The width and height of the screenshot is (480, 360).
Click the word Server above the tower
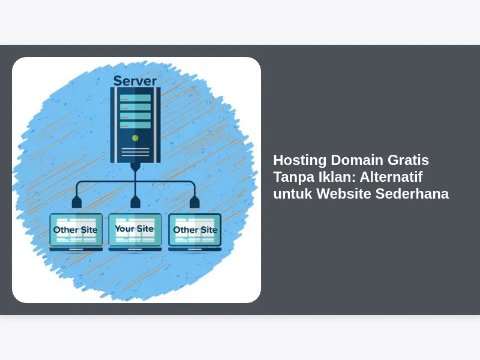coord(135,81)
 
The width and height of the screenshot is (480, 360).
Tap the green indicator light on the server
coord(135,138)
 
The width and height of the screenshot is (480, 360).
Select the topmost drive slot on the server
coord(136,98)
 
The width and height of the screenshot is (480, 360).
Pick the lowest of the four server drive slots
coord(136,125)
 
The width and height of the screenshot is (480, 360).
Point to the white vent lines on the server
coord(136,152)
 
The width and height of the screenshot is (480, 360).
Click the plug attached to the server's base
coord(136,167)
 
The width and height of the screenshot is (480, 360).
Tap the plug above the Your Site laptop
coord(136,203)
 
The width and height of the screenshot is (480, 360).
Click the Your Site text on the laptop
coord(134,229)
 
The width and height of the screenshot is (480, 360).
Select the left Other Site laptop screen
coord(76,230)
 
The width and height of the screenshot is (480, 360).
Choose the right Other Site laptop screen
coord(194,230)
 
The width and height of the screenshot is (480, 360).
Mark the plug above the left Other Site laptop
coord(77,203)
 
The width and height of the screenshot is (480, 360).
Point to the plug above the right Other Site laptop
coord(194,203)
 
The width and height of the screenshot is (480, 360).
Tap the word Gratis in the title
coord(408,160)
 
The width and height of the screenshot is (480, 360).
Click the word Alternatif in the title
coord(391,177)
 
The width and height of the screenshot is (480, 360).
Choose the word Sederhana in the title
coord(412,193)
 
